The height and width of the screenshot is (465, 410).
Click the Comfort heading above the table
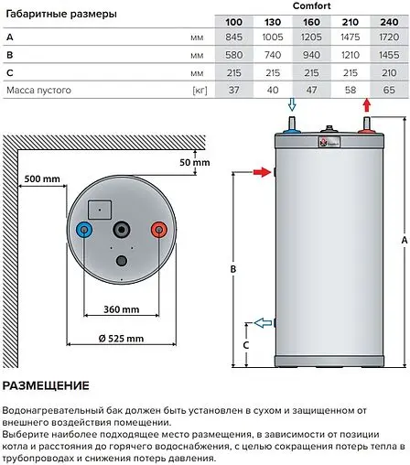click(x=312, y=6)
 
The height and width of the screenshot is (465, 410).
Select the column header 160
click(x=312, y=20)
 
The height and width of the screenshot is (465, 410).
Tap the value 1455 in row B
click(x=388, y=55)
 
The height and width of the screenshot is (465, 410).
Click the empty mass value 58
click(x=351, y=90)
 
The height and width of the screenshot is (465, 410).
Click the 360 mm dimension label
click(x=121, y=310)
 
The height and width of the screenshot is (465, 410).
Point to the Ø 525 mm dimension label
click(x=121, y=339)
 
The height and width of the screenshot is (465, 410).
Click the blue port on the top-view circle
click(x=84, y=230)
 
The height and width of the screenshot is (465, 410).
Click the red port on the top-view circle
click(x=158, y=230)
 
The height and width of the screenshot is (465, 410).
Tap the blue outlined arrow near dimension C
click(x=263, y=322)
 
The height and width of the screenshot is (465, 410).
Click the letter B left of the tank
click(x=233, y=269)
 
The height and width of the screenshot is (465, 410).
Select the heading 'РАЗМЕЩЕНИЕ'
click(x=46, y=385)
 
